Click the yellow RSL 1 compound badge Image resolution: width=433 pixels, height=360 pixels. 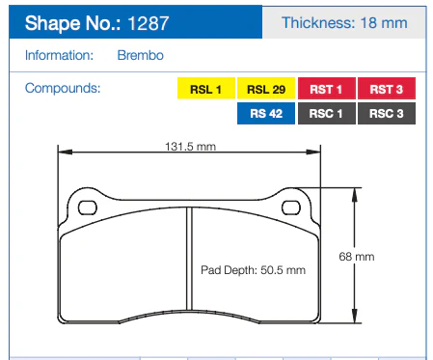(206, 88)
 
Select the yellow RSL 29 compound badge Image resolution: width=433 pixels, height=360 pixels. (266, 88)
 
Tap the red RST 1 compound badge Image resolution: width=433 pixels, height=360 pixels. (327, 88)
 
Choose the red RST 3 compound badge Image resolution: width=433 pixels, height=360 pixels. (387, 88)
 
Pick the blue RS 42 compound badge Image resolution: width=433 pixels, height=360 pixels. (266, 113)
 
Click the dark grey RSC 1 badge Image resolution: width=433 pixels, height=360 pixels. (327, 113)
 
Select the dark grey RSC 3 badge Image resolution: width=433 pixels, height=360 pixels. (387, 113)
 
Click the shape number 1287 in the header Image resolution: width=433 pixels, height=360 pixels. (149, 23)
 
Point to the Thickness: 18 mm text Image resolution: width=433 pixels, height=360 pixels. (344, 23)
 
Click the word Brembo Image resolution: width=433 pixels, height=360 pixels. (141, 55)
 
